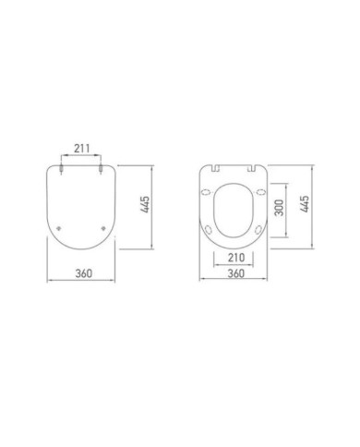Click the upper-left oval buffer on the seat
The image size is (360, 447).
pyautogui.click(x=209, y=192)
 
